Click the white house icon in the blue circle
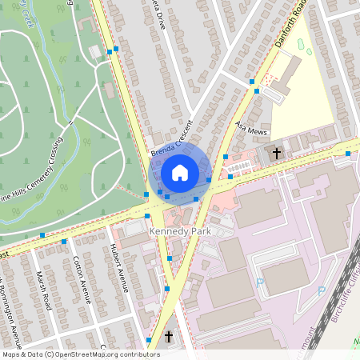point(180,172)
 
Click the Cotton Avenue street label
point(82,276)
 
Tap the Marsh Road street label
point(47,289)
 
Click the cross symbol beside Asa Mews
point(278,152)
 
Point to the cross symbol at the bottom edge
point(169,338)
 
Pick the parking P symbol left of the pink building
point(260,282)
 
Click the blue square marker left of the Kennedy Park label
point(147,216)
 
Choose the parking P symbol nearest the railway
point(322,291)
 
